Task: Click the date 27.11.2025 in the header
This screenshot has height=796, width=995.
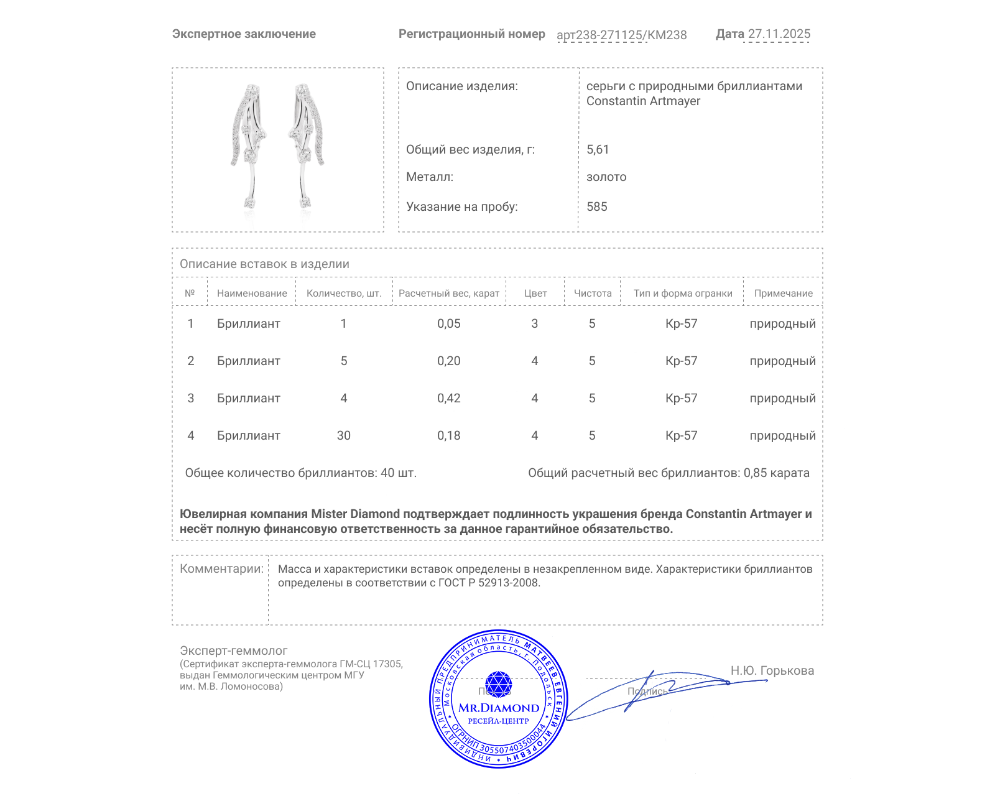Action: tap(779, 34)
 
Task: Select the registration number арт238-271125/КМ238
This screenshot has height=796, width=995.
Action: tap(621, 35)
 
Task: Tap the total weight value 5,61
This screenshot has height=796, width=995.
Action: tap(598, 149)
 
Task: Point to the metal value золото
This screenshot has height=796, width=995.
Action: tap(606, 177)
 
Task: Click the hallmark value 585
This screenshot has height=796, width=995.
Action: tap(597, 206)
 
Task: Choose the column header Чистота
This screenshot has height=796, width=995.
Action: tap(593, 294)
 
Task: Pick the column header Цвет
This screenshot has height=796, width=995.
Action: tap(535, 294)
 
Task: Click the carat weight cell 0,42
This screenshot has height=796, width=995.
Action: tap(448, 398)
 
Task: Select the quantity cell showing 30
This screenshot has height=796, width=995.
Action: tap(343, 435)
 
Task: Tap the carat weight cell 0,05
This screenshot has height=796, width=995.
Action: tap(448, 323)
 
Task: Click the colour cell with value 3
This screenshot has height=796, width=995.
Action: tap(534, 323)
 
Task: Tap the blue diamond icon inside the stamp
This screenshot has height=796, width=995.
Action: tap(498, 684)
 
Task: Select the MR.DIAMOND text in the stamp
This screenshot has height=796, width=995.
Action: tap(499, 708)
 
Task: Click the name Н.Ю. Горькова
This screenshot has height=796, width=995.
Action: tap(772, 670)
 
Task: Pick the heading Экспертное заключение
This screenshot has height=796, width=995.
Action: tap(244, 34)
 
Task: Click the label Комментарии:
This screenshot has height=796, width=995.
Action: tap(221, 568)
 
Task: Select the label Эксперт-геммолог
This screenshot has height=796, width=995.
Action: tap(233, 650)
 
